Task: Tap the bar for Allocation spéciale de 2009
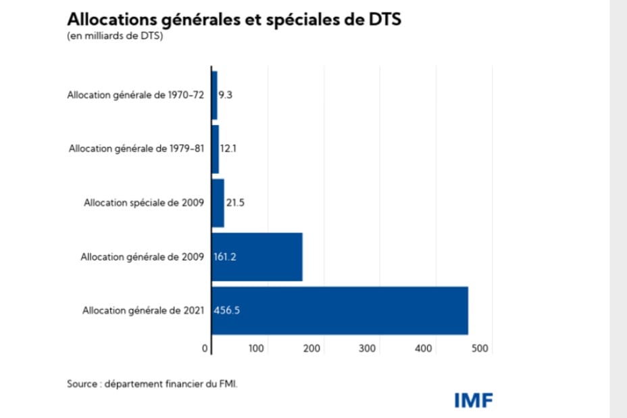[x=218, y=203]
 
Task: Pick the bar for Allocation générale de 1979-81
[x=215, y=149]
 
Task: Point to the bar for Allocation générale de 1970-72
[x=214, y=95]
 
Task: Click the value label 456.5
[x=228, y=311]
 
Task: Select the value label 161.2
[x=225, y=257]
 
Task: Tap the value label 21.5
[x=234, y=203]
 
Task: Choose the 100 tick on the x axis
[x=256, y=349]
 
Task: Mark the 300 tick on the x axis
[x=368, y=349]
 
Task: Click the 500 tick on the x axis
[x=479, y=349]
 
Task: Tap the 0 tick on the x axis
[x=205, y=349]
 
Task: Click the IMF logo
[x=473, y=400]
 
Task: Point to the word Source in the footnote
[x=82, y=384]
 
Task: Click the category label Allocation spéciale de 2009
[x=143, y=203]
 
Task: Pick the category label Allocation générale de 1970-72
[x=135, y=95]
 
